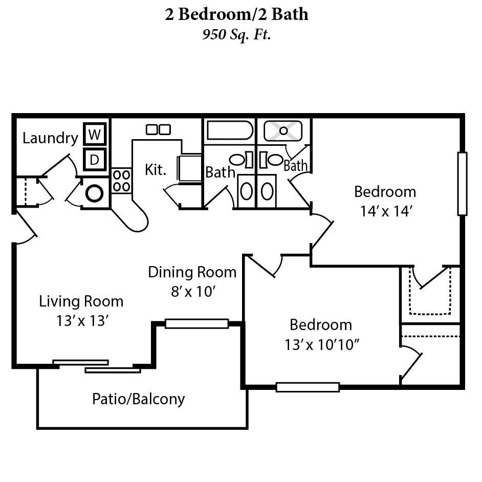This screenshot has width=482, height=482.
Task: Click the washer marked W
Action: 94,135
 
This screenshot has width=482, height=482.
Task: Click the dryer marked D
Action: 94,159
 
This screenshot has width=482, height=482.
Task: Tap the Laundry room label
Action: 50,138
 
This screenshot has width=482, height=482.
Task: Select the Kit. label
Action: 156,170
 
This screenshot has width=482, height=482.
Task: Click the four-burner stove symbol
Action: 121,180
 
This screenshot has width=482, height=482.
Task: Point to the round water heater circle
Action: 95,193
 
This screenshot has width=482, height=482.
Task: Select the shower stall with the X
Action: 283,130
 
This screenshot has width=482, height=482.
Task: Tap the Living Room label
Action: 81,301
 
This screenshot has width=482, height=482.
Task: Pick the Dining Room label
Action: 192,272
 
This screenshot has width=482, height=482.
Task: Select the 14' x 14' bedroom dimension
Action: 385,211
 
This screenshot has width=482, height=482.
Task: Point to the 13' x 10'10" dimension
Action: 321,345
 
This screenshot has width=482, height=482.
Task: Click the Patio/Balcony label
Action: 138,399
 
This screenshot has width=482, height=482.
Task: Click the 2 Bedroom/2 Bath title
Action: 236,14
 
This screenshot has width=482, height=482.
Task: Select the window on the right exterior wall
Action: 462,184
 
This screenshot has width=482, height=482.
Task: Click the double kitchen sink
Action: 158,129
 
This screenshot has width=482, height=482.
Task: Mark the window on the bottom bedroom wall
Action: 308,387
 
